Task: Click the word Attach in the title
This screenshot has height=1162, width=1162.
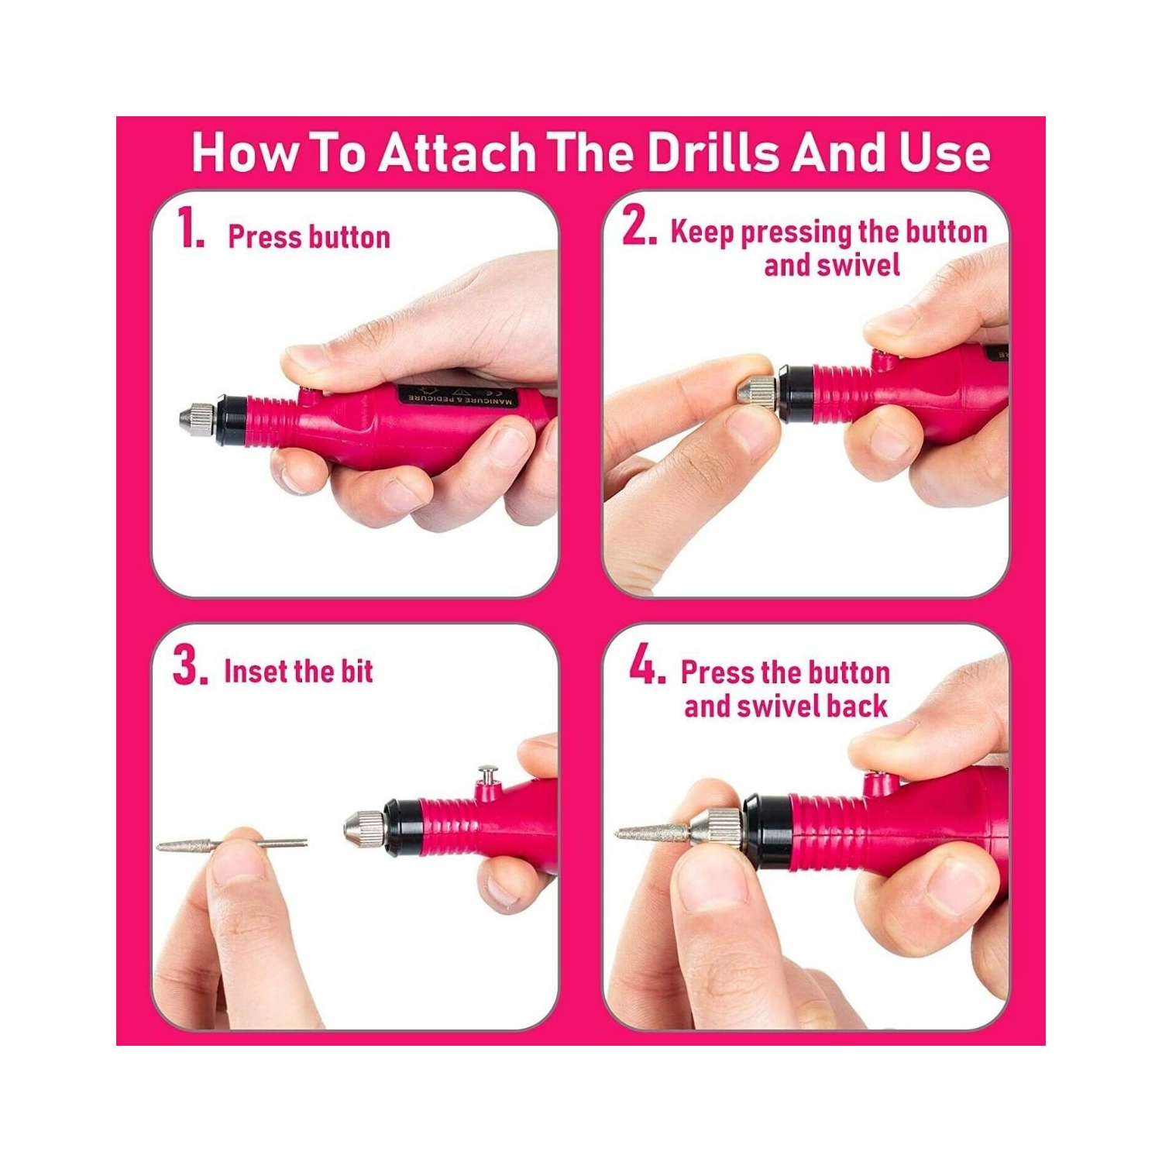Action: coord(456,152)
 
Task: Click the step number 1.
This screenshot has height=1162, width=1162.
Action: coord(188,229)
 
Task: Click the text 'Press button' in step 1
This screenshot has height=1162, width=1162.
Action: coord(308,237)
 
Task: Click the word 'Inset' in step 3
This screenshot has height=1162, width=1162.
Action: coord(254,671)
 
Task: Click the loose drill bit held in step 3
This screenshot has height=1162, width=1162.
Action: coord(232,844)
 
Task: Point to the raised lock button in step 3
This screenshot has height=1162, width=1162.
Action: coord(488,775)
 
